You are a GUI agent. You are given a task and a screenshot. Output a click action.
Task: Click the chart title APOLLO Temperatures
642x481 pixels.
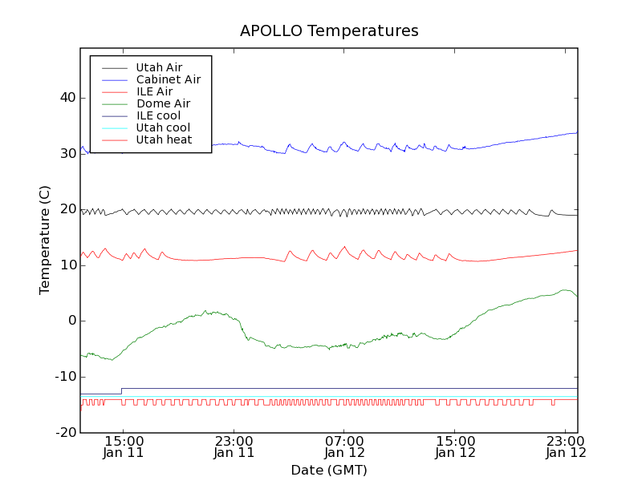[329, 31]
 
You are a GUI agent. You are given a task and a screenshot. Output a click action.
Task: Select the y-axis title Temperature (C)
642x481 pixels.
[45, 240]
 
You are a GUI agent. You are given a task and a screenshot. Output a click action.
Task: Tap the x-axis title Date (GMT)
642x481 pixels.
[329, 470]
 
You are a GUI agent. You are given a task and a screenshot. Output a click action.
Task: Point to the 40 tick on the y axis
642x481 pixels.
[67, 98]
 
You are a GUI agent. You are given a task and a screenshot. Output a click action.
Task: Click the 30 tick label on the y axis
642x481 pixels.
[67, 153]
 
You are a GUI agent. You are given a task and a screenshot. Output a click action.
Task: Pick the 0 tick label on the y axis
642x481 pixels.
[71, 321]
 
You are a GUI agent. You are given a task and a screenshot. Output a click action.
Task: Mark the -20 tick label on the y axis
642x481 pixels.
[65, 432]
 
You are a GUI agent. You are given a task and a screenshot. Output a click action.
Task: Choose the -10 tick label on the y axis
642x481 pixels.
[65, 377]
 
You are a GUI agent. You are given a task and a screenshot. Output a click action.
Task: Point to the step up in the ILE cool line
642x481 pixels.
[121, 391]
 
